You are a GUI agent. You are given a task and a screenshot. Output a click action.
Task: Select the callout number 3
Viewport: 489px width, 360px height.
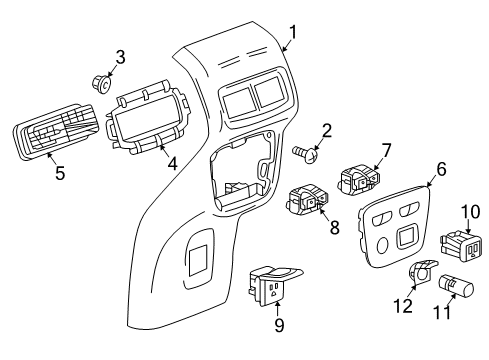click(119, 55)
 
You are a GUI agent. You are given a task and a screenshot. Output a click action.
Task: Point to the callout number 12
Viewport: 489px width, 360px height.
click(406, 306)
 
